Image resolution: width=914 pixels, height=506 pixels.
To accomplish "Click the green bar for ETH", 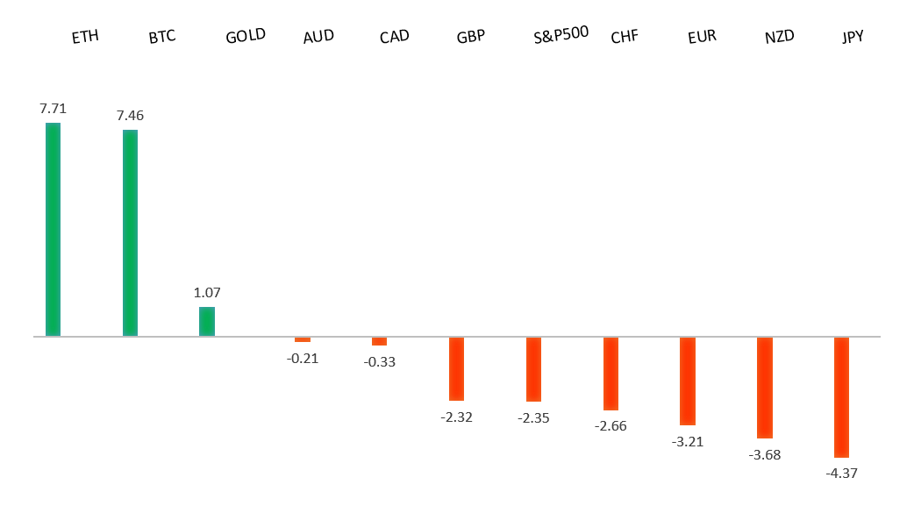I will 53,229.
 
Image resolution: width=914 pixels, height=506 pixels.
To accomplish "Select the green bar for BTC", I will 130,232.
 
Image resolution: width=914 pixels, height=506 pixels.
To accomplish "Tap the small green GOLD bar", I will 207,321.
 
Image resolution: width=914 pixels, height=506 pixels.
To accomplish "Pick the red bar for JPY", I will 841,396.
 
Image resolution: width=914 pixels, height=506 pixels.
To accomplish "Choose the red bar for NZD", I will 765,387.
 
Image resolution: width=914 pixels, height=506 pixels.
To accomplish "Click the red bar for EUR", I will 688,381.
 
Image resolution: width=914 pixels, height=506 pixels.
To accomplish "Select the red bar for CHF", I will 611,374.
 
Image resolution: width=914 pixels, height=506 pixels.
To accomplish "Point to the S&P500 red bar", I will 533,369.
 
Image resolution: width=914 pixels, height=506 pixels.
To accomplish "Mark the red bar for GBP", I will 456,368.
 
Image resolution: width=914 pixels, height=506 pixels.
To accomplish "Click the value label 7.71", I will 53,109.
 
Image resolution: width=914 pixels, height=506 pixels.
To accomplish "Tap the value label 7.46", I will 130,115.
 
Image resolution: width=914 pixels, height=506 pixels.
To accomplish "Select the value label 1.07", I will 207,292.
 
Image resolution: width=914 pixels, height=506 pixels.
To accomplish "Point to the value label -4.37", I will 841,474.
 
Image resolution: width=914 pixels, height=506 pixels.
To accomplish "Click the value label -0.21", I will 303,357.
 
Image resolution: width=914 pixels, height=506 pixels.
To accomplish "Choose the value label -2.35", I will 533,417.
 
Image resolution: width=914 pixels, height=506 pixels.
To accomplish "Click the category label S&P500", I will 561,36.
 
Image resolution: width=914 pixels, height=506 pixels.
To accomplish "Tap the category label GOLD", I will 246,37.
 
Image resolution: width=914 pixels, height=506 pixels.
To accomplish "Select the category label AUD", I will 318,37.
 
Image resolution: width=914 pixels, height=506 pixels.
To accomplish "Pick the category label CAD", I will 395,37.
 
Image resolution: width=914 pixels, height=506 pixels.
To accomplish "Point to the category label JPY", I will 853,37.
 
